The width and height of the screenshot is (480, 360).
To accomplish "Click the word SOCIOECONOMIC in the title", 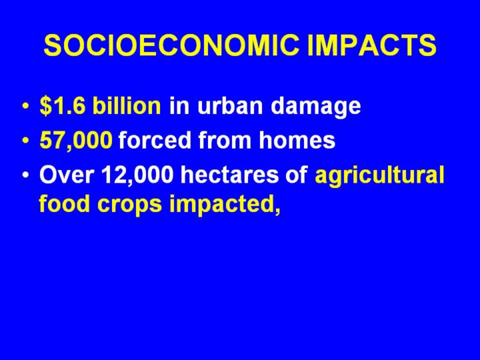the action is click(x=171, y=45).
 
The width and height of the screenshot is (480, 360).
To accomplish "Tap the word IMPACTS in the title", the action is click(x=371, y=45).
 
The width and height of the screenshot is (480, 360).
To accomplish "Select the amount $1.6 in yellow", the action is click(x=61, y=106).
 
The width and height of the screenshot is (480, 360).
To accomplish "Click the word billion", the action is click(x=127, y=105).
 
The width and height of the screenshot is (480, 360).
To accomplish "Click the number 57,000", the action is click(x=76, y=140).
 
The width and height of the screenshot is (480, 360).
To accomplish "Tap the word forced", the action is click(x=154, y=139).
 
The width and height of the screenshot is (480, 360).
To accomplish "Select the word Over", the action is click(x=67, y=175).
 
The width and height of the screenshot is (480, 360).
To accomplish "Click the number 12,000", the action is click(x=138, y=175).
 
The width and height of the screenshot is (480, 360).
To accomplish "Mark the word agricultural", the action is click(x=379, y=176).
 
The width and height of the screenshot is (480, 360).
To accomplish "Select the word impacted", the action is click(x=225, y=205).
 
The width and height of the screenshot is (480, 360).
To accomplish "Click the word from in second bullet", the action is click(x=225, y=139).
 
